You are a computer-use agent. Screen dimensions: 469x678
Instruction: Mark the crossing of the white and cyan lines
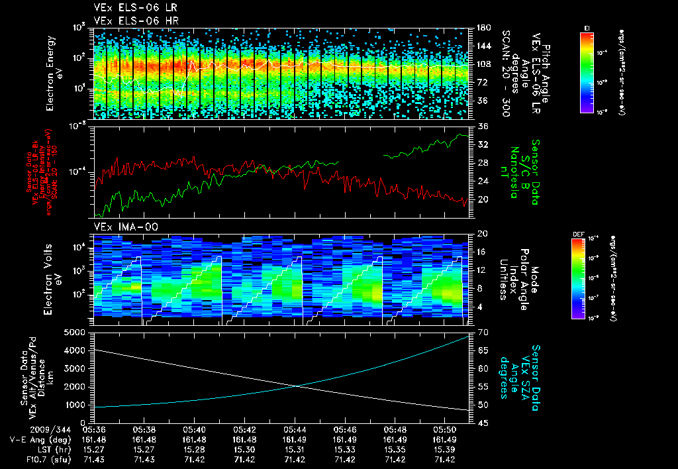click(x=298, y=386)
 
